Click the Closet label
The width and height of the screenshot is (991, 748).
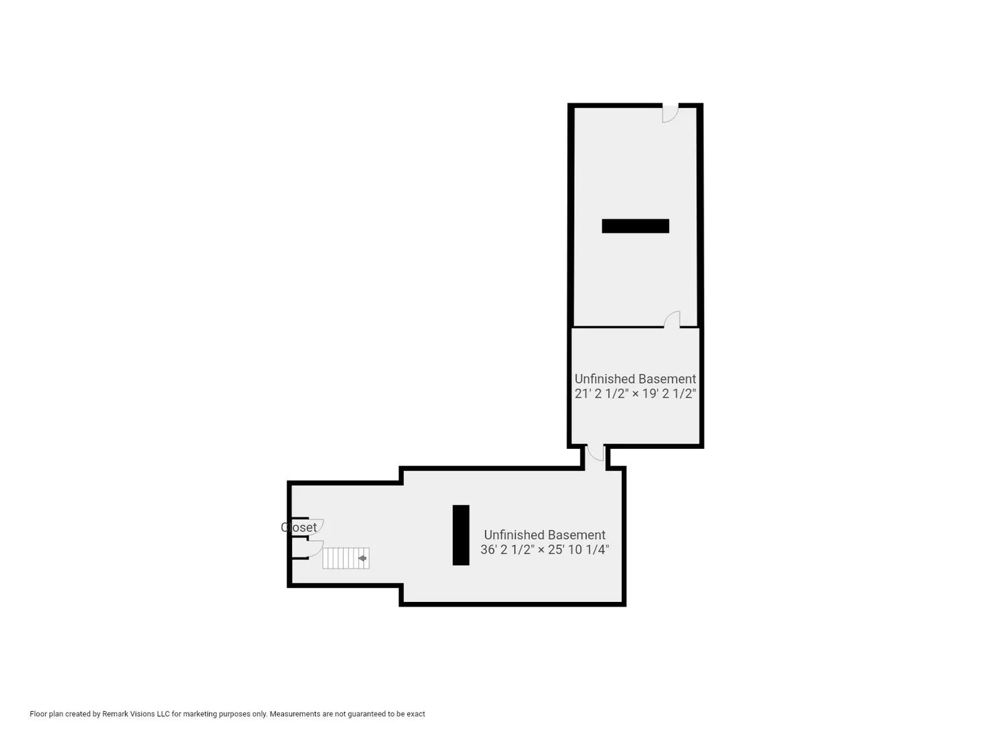(298, 527)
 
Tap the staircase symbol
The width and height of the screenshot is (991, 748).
(346, 558)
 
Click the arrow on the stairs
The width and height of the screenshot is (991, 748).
(362, 558)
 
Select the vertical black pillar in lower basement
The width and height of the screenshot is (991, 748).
(461, 535)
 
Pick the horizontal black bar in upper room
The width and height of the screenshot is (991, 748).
(635, 226)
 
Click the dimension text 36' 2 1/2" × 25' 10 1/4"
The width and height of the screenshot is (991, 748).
(544, 550)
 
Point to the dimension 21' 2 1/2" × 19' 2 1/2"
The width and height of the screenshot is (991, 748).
(635, 393)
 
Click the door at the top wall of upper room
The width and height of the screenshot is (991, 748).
(670, 114)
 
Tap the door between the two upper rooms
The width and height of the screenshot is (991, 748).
(672, 319)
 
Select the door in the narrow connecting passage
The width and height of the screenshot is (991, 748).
(595, 453)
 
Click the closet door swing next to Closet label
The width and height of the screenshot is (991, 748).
(316, 527)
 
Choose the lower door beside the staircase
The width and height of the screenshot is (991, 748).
(316, 549)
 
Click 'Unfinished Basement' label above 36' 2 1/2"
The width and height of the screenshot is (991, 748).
(544, 535)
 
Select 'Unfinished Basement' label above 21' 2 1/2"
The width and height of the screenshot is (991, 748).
(635, 379)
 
